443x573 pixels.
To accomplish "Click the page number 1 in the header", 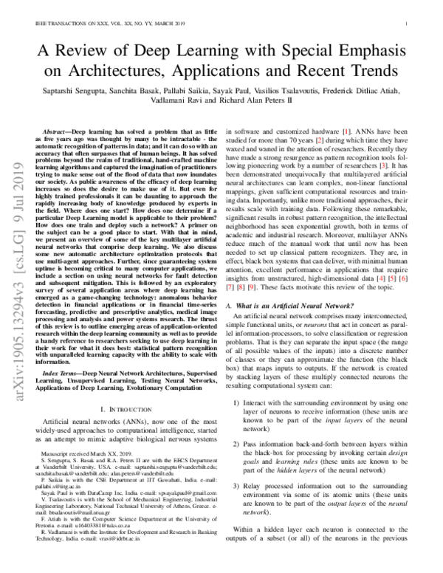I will tap(408, 24).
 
